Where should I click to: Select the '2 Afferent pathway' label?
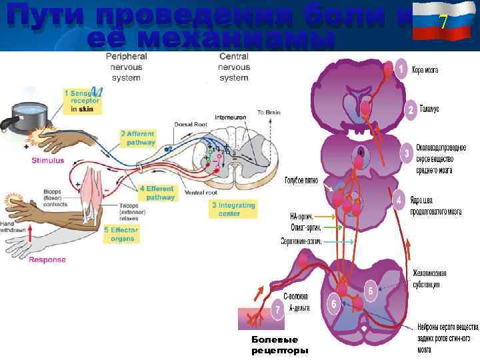(138, 138)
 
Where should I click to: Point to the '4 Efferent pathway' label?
(157, 193)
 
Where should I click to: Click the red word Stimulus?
(48, 160)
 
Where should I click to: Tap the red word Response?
(47, 259)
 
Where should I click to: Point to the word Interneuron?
(230, 117)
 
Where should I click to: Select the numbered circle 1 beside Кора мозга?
(401, 69)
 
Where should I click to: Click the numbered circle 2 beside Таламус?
(412, 109)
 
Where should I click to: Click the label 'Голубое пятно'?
(302, 180)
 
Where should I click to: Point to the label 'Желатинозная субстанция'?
(429, 279)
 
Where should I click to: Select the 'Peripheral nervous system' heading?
(127, 67)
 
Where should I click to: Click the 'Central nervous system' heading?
(234, 67)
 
